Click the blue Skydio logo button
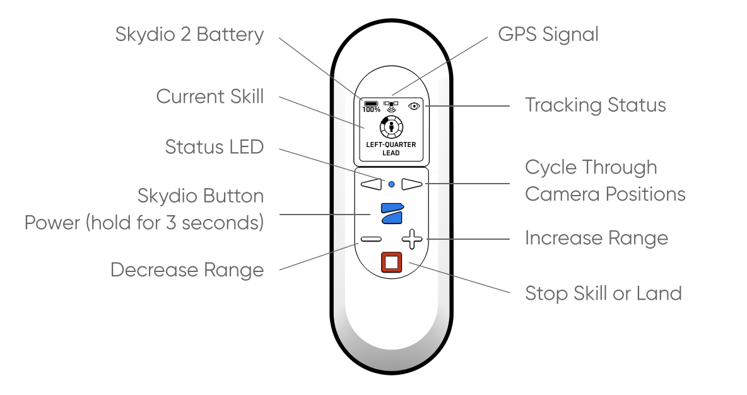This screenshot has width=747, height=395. pos(391,213)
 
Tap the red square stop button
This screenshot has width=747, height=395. pos(391,262)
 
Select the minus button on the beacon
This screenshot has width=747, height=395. pos(370,240)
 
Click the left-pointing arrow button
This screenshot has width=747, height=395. pos(372,184)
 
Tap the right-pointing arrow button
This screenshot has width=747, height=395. pos(411,184)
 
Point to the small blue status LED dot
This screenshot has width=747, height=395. pos(391,184)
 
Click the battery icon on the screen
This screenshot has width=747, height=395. pos(370,103)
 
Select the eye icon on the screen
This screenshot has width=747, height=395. pos(414,105)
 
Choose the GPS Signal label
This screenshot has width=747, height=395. pos(548,34)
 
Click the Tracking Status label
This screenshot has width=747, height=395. pos(595,105)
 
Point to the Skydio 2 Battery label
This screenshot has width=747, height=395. pos(189,34)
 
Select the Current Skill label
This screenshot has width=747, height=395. pos(209,97)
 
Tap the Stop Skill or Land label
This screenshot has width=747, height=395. pos(603,293)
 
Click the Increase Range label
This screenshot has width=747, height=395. pos(596,238)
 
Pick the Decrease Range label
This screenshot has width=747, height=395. pos(187,270)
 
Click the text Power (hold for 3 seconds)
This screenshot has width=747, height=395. pos(144,223)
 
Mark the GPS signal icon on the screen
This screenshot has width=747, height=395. pos(391,105)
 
